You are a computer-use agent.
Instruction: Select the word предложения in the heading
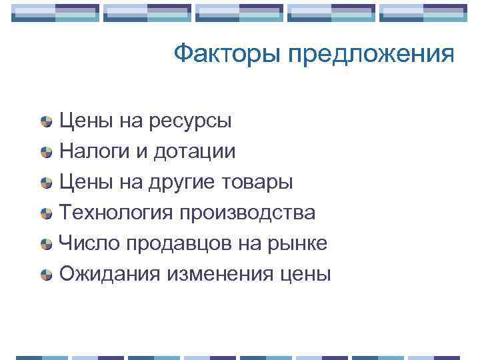click(x=372, y=55)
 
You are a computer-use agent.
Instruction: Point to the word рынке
click(x=297, y=243)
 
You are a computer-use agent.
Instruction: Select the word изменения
click(x=211, y=274)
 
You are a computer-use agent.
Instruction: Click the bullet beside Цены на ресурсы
click(x=46, y=122)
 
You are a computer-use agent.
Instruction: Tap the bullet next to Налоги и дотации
click(x=46, y=152)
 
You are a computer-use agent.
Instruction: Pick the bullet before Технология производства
click(x=46, y=213)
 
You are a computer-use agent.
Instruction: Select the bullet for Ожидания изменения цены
click(x=46, y=274)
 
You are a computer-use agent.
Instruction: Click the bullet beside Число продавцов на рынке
click(x=46, y=244)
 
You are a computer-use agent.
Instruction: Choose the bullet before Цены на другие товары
click(x=46, y=183)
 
